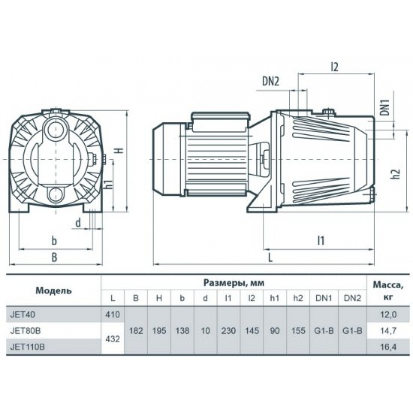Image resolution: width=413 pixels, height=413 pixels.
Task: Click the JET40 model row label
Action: tap(22, 314)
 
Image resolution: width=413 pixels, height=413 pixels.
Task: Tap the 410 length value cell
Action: tap(113, 314)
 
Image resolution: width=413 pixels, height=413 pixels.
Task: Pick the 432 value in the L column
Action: tap(113, 339)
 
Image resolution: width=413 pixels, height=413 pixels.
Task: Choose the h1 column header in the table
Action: tap(275, 298)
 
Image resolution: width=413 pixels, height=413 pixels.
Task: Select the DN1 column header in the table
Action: tap(324, 298)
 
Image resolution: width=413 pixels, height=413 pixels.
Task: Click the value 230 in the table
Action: tap(228, 330)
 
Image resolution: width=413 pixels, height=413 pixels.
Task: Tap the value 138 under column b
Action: tap(182, 330)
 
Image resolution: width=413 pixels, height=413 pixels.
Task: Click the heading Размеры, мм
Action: tap(234, 283)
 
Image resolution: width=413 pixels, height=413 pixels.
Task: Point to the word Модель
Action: tap(53, 291)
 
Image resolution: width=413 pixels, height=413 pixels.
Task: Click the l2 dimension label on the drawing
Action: tap(334, 67)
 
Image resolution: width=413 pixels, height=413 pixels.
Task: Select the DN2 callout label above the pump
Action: tap(271, 82)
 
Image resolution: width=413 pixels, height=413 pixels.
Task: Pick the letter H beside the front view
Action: tap(120, 150)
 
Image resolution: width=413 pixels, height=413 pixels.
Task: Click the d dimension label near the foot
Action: tap(78, 223)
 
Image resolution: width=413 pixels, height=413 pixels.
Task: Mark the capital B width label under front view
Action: tap(54, 257)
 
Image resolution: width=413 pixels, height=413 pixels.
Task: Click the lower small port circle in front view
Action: tap(56, 195)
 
